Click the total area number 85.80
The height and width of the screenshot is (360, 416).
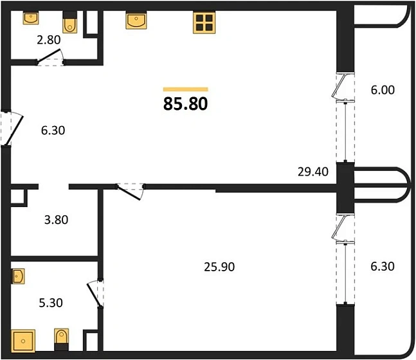185,104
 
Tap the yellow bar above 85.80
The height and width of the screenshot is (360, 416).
185,89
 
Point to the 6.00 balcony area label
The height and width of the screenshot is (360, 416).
383,90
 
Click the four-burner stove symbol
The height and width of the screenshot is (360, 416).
203,23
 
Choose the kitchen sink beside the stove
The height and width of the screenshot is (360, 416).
135,21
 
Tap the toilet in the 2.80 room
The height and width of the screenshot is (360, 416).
69,23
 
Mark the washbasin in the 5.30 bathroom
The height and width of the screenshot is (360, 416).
18,277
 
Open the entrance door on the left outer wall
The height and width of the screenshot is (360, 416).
13,129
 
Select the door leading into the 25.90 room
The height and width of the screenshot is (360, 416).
132,191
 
